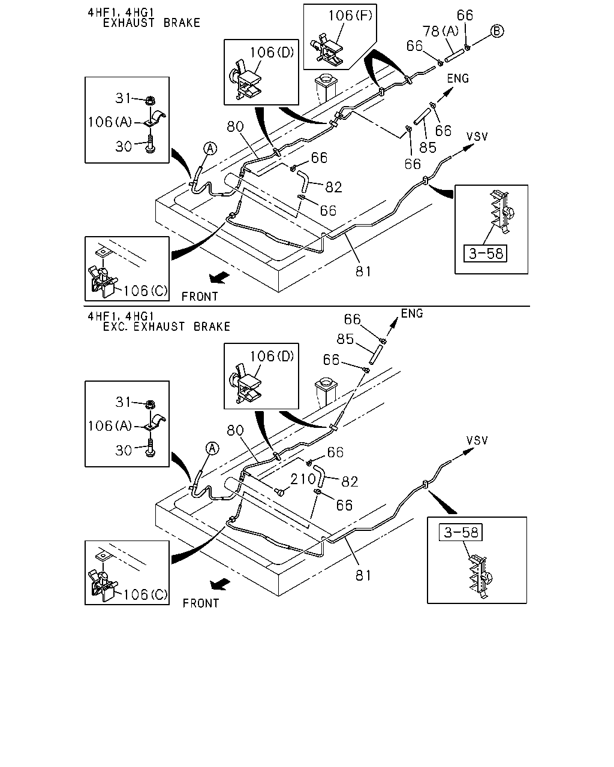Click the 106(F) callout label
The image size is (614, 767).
(350, 16)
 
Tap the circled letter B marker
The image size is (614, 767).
(497, 31)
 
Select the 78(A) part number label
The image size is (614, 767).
(441, 31)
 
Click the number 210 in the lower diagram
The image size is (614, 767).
(303, 479)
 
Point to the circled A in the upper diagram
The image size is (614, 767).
(210, 148)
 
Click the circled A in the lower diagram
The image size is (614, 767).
(213, 448)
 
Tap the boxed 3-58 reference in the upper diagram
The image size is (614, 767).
(485, 253)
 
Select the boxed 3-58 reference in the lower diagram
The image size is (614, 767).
(460, 532)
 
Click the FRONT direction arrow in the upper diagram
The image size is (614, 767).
(219, 277)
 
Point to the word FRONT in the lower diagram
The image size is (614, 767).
(201, 603)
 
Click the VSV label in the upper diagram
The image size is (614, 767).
(477, 137)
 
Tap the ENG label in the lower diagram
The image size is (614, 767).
(412, 313)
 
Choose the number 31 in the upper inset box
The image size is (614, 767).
(124, 98)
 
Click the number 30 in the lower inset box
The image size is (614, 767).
(124, 451)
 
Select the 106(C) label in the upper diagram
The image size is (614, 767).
(146, 291)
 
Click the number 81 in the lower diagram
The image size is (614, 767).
(363, 576)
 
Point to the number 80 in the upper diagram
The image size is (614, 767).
(236, 126)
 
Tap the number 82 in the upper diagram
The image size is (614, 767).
(333, 187)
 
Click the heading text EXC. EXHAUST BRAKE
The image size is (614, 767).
(167, 327)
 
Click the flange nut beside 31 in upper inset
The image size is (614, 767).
(151, 100)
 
